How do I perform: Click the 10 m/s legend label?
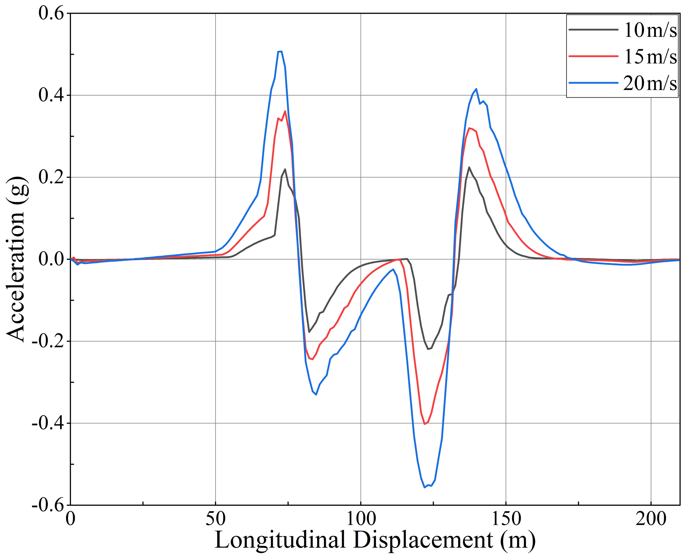pos(650,30)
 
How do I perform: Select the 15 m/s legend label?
pos(650,56)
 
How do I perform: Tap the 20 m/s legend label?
pos(650,83)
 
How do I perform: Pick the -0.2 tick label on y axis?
pos(48,341)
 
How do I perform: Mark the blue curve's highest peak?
pos(280,52)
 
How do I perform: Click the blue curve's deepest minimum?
pos(424,487)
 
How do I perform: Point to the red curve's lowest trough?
pos(424,424)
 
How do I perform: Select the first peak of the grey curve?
pos(285,169)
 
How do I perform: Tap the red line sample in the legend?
pos(593,56)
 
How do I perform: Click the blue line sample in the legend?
pos(593,83)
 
